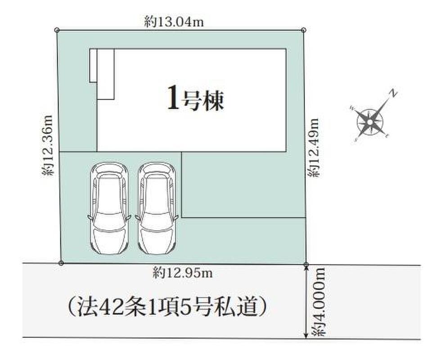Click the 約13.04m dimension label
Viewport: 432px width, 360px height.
coord(174,22)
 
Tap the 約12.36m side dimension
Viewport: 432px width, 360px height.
coord(47,145)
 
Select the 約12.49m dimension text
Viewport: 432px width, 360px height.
coord(314,148)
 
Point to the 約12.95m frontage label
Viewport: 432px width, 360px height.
coord(183,273)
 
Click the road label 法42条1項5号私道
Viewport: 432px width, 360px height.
coord(167,306)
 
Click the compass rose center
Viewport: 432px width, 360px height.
coord(370,122)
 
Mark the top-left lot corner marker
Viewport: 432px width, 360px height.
coord(57,30)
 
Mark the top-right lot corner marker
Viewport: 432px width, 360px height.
coord(303,30)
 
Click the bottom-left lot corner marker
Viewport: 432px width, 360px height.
coord(61,263)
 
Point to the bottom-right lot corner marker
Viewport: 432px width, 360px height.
coord(306,265)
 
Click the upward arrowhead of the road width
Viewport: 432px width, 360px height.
coord(306,269)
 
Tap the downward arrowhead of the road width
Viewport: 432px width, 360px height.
coord(306,335)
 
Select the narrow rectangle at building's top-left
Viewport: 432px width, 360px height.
coord(93,66)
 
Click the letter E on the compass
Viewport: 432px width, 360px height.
coord(387,135)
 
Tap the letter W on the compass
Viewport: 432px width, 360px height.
coord(352,108)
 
